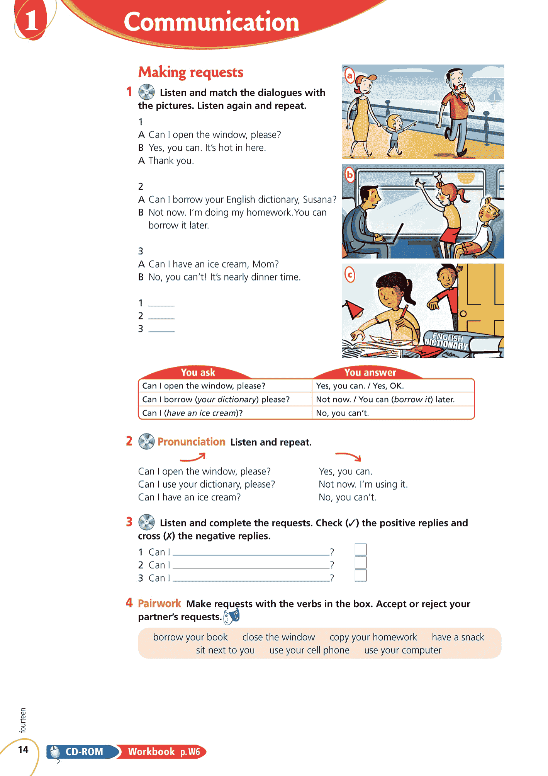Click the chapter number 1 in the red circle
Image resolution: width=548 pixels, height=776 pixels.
click(x=31, y=20)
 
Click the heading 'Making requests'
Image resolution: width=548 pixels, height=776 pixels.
click(x=191, y=72)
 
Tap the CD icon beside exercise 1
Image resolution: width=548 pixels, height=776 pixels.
click(x=146, y=92)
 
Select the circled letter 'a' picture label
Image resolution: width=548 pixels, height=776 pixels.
click(x=350, y=75)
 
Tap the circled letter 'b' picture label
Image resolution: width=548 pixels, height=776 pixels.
click(x=350, y=175)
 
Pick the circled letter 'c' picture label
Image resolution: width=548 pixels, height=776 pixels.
click(x=350, y=275)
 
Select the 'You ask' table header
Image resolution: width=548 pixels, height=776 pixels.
click(x=198, y=373)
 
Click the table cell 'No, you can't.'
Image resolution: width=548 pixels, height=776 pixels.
click(x=343, y=413)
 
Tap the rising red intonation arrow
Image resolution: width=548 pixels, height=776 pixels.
click(x=193, y=458)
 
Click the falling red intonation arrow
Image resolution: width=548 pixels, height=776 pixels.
click(x=348, y=456)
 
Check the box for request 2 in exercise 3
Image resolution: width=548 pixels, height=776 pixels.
click(x=360, y=562)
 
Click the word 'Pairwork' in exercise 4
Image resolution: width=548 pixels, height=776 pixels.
click(x=159, y=603)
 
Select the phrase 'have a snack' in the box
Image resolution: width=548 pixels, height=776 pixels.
click(x=458, y=637)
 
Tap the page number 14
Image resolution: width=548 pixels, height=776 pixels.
click(x=23, y=749)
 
